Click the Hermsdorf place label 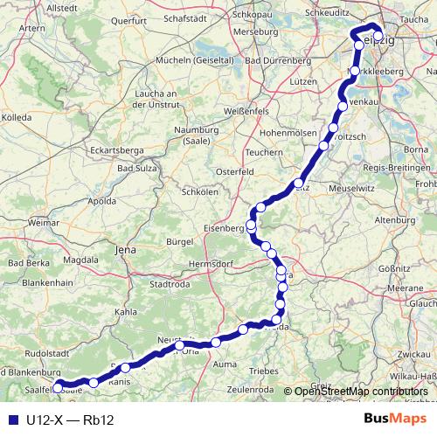(213, 263)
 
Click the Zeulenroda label (250, 390)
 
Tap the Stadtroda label (170, 283)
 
